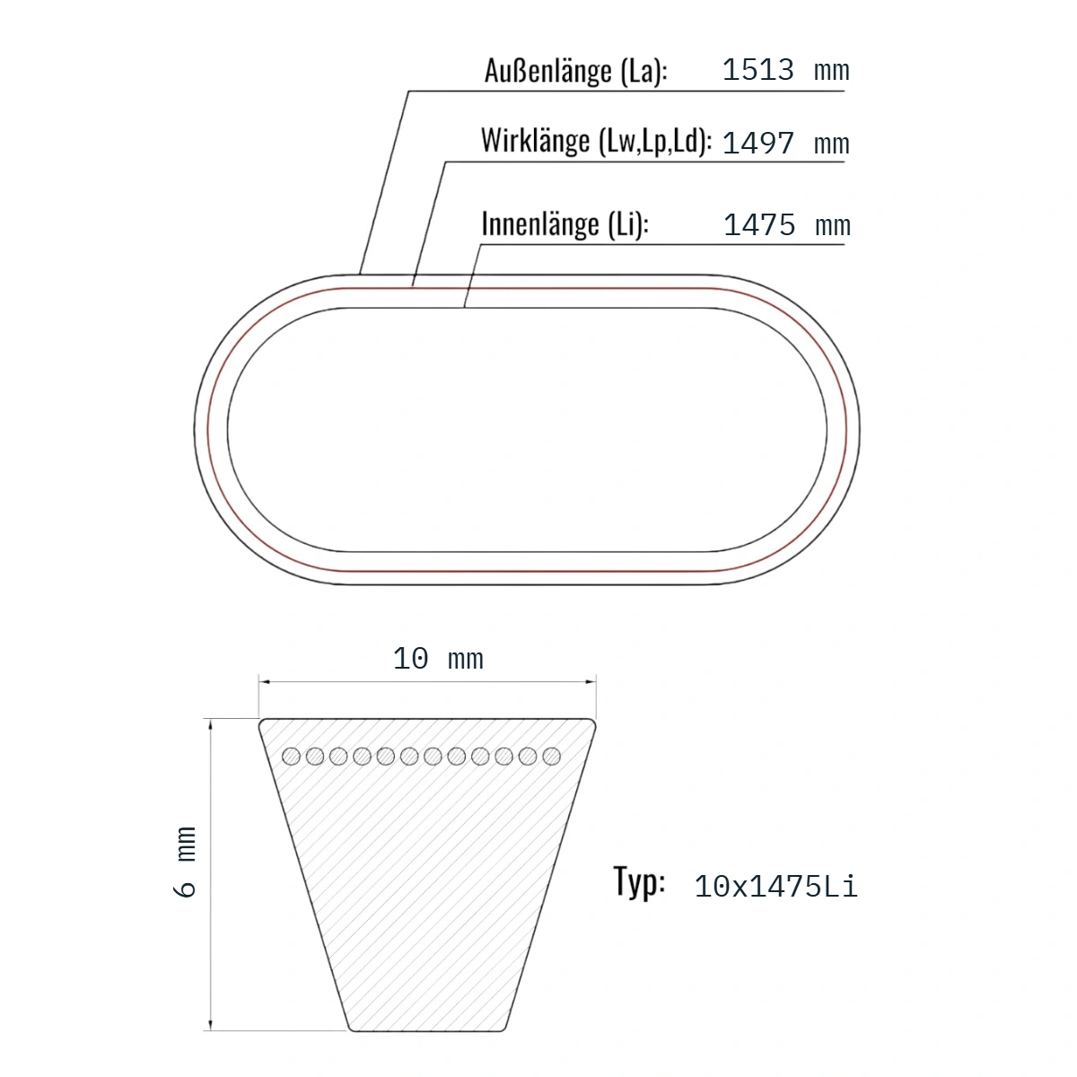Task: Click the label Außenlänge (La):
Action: tap(575, 71)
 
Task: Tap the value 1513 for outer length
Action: tap(757, 70)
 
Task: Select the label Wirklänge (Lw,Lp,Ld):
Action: tap(596, 141)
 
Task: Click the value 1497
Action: tap(757, 144)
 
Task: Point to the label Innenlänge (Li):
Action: tap(565, 224)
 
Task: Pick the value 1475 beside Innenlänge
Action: tap(759, 225)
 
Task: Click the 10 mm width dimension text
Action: tap(438, 659)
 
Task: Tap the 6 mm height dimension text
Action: tap(185, 862)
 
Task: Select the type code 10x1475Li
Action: tap(775, 887)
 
